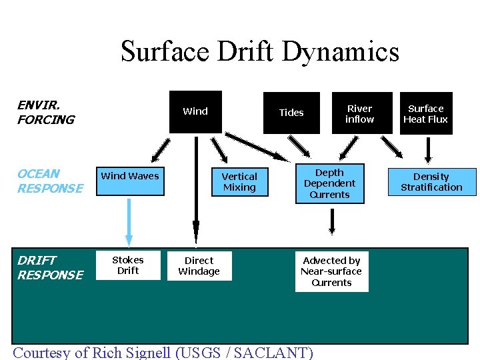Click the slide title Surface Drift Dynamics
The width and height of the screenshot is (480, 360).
tap(259, 51)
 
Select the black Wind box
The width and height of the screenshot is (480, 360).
tap(195, 111)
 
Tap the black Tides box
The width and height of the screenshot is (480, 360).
tap(291, 113)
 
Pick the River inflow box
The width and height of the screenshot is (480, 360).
tap(359, 113)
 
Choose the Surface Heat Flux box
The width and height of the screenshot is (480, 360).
tap(426, 113)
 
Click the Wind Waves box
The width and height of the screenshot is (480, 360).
tap(130, 181)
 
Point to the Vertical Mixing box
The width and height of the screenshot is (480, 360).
tap(239, 182)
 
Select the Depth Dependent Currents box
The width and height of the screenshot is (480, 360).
tap(329, 183)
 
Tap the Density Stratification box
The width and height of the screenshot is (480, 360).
tap(431, 181)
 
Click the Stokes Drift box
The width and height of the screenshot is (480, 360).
tap(128, 265)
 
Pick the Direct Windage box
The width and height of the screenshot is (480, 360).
tap(199, 265)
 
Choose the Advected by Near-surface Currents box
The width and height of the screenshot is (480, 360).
tap(331, 271)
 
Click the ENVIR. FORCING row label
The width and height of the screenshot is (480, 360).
tap(45, 113)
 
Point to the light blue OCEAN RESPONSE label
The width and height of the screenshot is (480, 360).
tap(50, 181)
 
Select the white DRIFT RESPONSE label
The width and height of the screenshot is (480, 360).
tap(50, 267)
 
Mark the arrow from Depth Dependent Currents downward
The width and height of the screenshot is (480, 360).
tap(331, 222)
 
